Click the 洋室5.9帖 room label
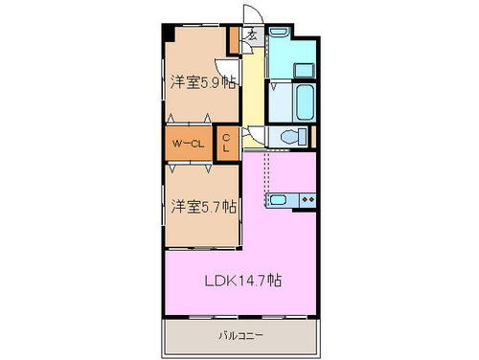(203, 82)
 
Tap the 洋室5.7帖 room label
(204, 206)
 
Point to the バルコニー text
(240, 336)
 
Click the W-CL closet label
(188, 144)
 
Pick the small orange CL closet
(226, 143)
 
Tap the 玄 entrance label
(251, 36)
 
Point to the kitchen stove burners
(308, 201)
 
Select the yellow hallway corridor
(252, 96)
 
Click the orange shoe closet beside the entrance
(233, 41)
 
